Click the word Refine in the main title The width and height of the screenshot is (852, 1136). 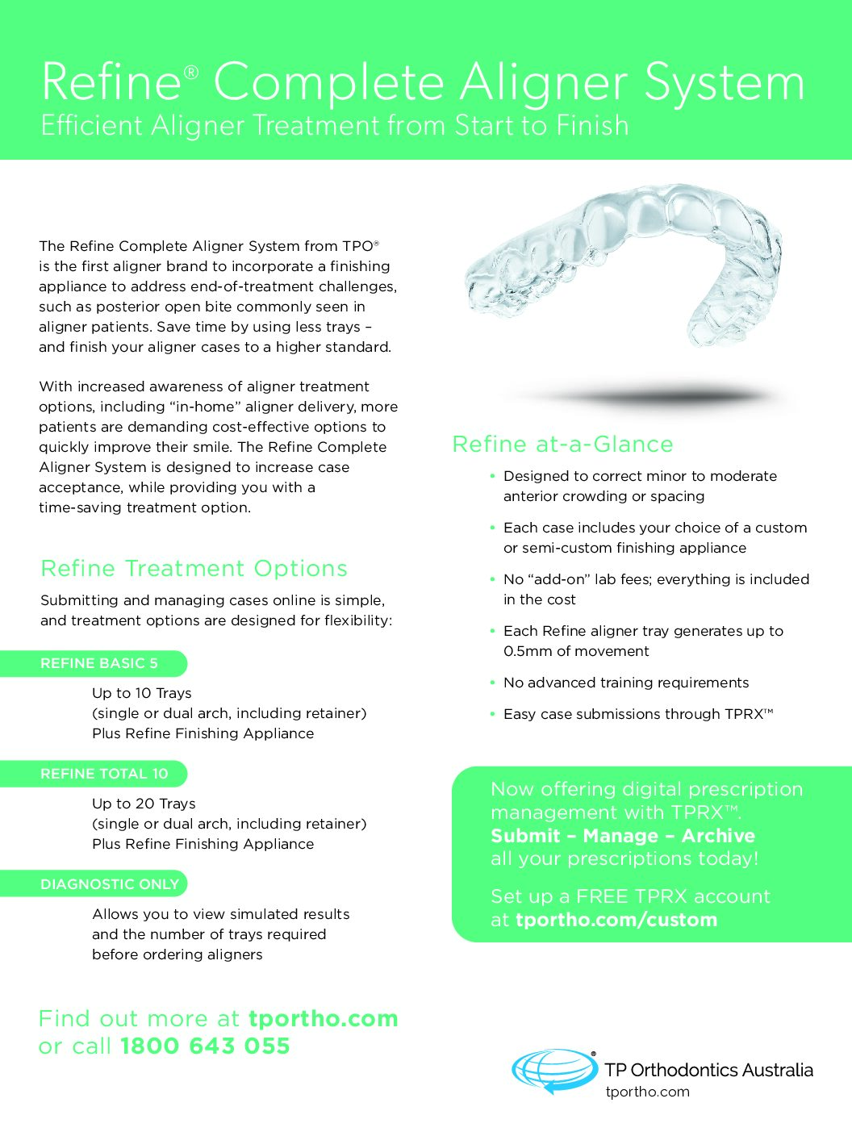[111, 82]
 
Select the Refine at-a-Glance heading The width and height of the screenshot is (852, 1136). [562, 445]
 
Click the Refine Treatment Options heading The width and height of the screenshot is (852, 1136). [194, 569]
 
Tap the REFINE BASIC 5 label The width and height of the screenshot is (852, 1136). [99, 664]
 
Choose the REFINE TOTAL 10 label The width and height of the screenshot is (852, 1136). [104, 774]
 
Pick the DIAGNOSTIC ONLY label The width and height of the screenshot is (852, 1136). [110, 884]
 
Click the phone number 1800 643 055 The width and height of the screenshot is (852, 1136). [205, 1046]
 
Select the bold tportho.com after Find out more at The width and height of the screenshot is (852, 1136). [323, 1018]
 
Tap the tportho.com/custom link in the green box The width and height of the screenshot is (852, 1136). [616, 920]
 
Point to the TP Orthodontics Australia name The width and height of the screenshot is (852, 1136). [709, 1071]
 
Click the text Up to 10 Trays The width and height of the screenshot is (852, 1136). [142, 693]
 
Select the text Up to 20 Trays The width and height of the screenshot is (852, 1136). [144, 804]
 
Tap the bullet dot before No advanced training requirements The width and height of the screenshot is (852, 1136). [492, 683]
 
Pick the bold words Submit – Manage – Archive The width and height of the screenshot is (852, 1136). [623, 836]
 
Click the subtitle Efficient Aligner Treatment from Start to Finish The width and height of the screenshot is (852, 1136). [335, 126]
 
